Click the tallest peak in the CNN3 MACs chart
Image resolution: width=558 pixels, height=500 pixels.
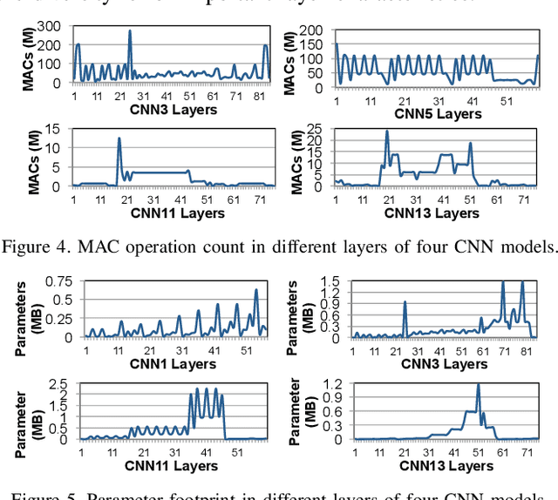tap(130, 31)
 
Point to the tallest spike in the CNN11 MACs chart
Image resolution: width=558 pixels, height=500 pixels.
tap(119, 139)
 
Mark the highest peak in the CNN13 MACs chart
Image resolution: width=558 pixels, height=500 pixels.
tap(387, 132)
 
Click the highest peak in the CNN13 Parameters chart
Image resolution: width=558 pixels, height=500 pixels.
tap(478, 385)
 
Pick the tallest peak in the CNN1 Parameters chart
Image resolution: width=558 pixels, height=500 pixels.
tap(256, 290)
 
